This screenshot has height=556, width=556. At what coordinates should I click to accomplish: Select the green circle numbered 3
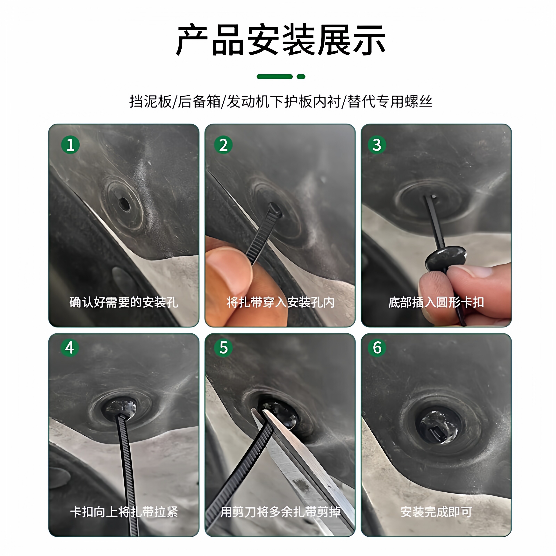pyautogui.click(x=377, y=145)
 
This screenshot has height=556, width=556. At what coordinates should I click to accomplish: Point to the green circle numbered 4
pyautogui.click(x=70, y=348)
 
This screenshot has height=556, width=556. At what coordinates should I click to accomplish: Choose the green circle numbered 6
pyautogui.click(x=377, y=348)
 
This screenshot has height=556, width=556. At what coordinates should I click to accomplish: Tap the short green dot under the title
pyautogui.click(x=301, y=77)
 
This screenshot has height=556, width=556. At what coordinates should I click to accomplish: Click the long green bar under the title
pyautogui.click(x=275, y=77)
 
